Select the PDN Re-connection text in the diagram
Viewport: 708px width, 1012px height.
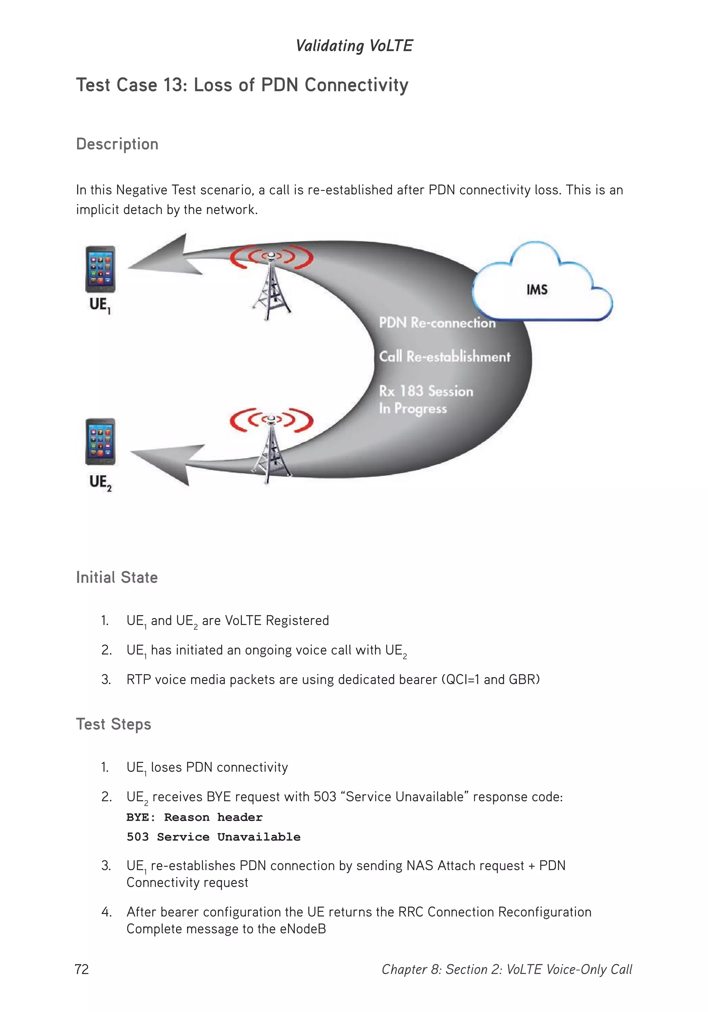[437, 323]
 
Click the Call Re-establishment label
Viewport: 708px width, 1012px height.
[444, 356]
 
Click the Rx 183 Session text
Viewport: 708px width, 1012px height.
[426, 391]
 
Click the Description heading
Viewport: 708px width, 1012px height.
[117, 144]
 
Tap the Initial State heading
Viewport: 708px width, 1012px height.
[117, 577]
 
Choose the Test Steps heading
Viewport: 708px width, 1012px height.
[113, 724]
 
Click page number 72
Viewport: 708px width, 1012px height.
[82, 969]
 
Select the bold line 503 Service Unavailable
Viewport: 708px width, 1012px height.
[213, 837]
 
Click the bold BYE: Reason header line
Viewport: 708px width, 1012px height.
[194, 817]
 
